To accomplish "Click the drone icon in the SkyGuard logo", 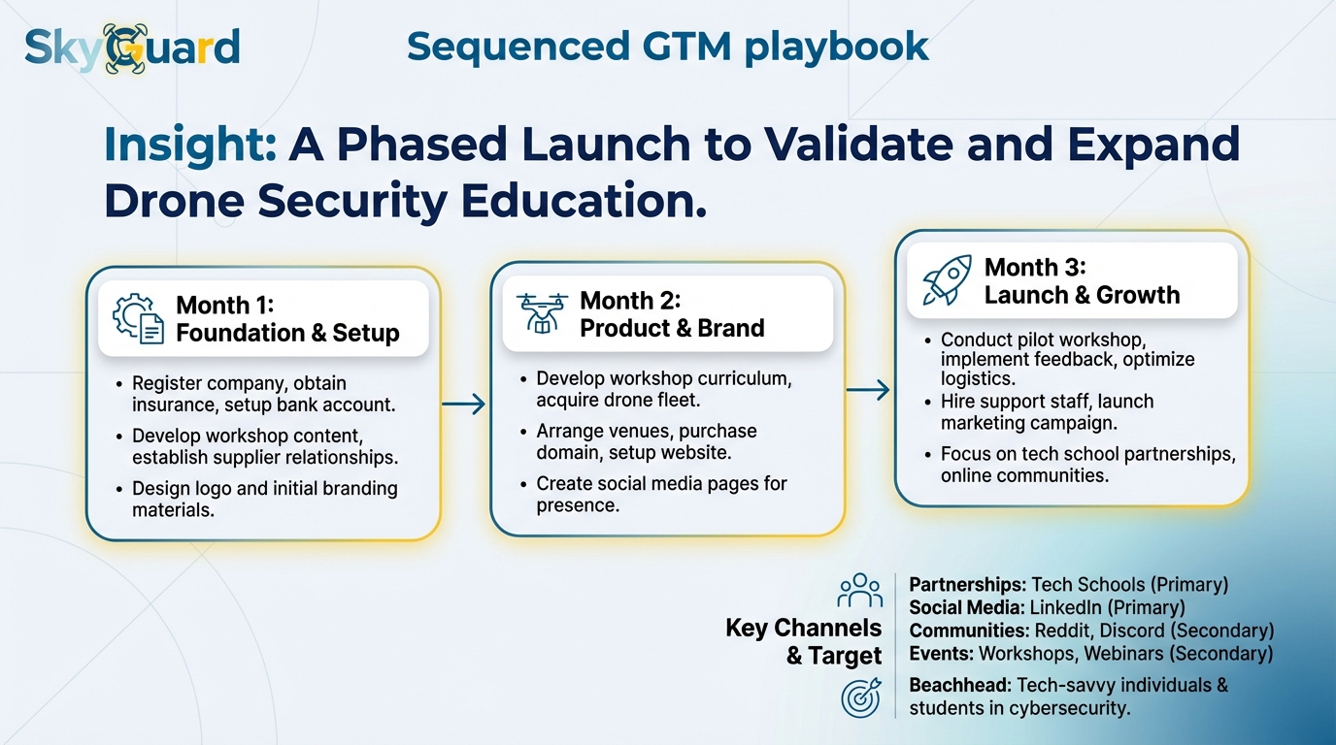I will coord(123,49).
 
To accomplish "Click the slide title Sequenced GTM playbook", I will coord(667,46).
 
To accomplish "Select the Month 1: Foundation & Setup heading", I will coord(287,319).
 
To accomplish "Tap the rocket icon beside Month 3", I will coord(946,280).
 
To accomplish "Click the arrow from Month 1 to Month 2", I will coord(464,404).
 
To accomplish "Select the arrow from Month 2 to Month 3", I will coord(868,390).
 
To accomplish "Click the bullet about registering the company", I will coord(263,394).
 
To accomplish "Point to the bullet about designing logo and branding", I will coord(264,499).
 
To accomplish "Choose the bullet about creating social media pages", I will coord(660,494).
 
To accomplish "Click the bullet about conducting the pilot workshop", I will coord(1066,359).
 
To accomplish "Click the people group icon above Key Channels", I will coord(859,590).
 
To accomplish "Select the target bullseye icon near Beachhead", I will coord(860,697).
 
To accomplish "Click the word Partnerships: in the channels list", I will coord(967,585).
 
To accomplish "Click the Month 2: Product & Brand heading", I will coord(672,314).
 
